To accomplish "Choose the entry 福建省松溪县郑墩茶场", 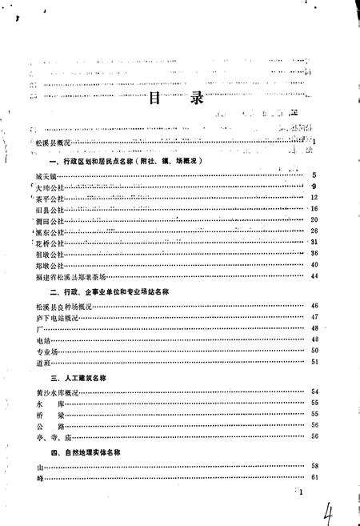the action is point(70,275).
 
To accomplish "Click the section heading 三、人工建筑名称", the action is point(79,375).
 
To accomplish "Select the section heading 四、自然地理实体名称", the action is point(89,453).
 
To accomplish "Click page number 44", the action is point(314,275).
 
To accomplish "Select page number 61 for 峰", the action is point(314,478).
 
